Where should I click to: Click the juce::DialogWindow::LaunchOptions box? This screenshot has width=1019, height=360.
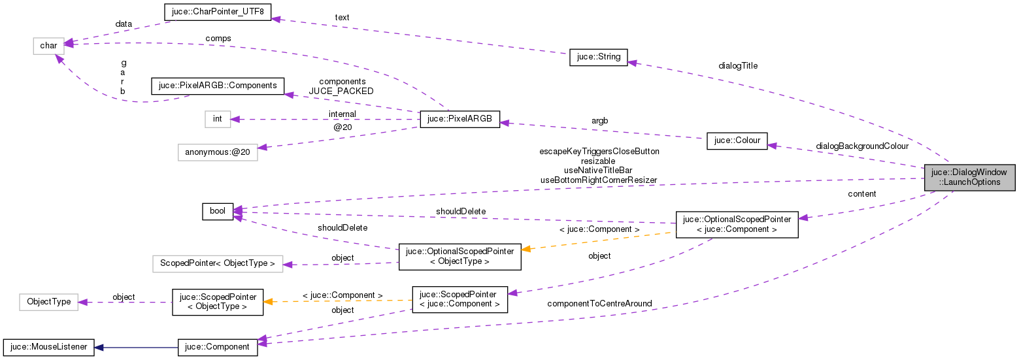point(970,177)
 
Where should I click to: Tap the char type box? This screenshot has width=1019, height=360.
point(48,46)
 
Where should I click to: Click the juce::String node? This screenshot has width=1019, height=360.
point(598,57)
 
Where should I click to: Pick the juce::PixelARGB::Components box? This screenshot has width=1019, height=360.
point(218,86)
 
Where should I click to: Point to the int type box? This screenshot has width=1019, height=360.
point(218,119)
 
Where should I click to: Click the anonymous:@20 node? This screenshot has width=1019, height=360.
point(218,152)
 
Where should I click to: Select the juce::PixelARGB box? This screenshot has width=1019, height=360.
point(459,120)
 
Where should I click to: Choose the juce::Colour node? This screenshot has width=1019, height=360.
point(737,141)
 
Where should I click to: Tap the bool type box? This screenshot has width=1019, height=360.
point(218,211)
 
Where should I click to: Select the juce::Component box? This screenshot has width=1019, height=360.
point(218,346)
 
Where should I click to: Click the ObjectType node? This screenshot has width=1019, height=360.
point(49,302)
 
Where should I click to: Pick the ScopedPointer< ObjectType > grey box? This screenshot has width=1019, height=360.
point(218,264)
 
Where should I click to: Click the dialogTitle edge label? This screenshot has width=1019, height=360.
point(738,65)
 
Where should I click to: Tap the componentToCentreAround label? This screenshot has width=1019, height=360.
point(599,303)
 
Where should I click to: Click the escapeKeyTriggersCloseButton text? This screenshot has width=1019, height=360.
point(599,151)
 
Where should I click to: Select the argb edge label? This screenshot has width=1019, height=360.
point(600,122)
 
